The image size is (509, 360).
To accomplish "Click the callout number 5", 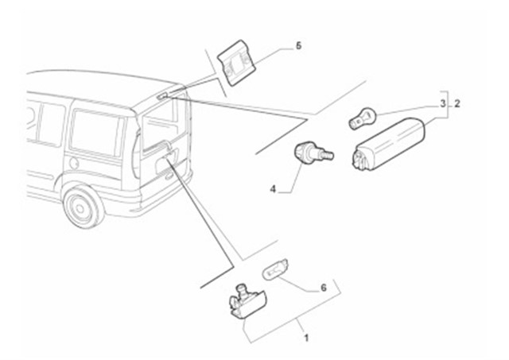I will coord(298,46).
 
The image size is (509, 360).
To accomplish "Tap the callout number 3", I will coord(443,103).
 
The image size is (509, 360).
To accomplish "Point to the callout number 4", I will coord(273,189).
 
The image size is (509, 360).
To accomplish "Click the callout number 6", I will coord(323,288).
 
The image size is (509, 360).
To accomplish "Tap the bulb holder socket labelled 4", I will coord(311,153).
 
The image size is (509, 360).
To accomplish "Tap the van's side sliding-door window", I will coord(93,131).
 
